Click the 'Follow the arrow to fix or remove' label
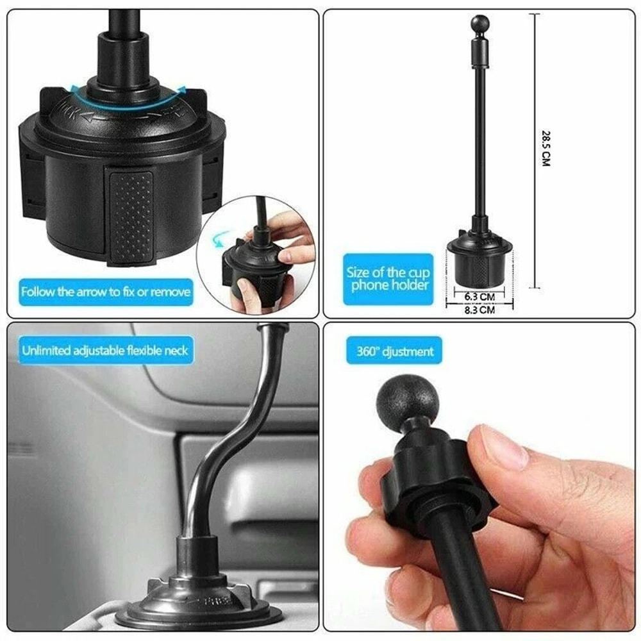[x=106, y=292]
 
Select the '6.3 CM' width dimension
[x=479, y=297]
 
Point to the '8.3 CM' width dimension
[x=479, y=310]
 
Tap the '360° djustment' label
[x=395, y=351]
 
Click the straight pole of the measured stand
[x=478, y=141]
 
